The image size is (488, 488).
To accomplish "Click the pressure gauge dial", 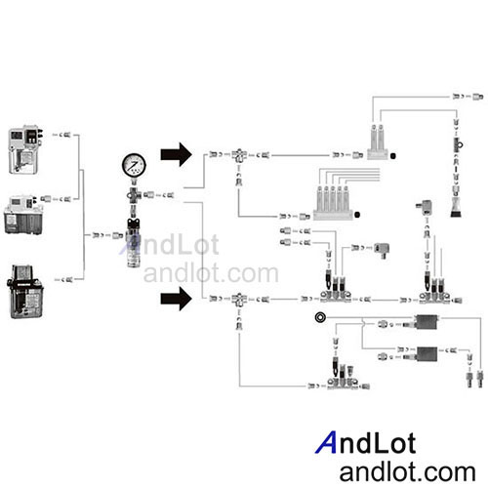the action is click(x=134, y=165).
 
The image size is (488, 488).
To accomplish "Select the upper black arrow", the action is click(x=176, y=154).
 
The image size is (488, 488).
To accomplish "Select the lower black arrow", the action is click(x=176, y=299).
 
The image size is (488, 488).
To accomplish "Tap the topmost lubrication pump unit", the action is click(x=25, y=149).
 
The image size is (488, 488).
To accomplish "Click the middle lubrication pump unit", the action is click(x=23, y=215).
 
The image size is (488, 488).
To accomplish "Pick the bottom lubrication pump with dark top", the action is click(x=25, y=292).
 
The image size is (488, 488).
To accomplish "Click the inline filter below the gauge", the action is click(x=134, y=243).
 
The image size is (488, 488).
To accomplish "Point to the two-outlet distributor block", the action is click(x=378, y=142).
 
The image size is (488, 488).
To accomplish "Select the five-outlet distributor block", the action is click(x=333, y=203).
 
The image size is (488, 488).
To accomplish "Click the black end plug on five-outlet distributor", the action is click(x=357, y=215).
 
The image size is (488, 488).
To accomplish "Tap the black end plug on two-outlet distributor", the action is click(x=392, y=156).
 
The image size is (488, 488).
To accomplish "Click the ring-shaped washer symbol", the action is click(x=320, y=317).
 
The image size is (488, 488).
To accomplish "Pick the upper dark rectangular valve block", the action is click(x=427, y=322).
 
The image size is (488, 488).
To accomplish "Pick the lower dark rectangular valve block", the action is click(x=427, y=354).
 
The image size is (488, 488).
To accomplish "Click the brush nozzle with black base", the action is click(x=456, y=207).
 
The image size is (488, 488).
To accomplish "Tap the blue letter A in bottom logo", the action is click(x=326, y=442).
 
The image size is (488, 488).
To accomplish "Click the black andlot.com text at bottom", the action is click(x=407, y=471).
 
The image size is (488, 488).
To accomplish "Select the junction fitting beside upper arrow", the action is click(x=239, y=155).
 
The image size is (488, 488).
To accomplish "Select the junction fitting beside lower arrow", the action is click(x=239, y=300).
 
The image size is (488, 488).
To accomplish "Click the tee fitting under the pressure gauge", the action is click(x=134, y=195).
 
